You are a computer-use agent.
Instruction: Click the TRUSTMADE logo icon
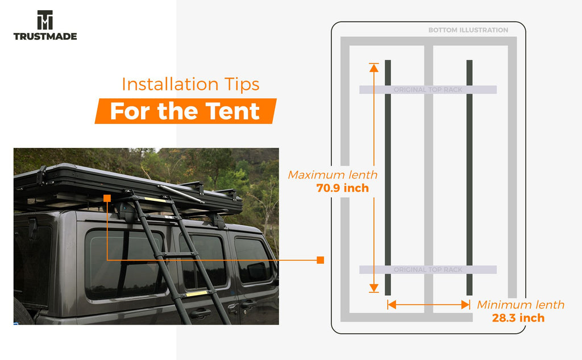(x=45, y=20)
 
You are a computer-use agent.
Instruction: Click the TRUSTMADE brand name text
(x=45, y=36)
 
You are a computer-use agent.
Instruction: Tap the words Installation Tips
(x=190, y=84)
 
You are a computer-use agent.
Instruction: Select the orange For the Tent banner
(x=186, y=111)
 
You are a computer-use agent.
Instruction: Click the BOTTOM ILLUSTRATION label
(x=468, y=30)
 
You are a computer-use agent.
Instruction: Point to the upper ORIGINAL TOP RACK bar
(x=428, y=89)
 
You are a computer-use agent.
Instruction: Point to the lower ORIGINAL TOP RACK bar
(x=428, y=270)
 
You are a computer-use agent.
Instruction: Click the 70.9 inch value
(x=343, y=188)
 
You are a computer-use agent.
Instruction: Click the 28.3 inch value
(x=518, y=318)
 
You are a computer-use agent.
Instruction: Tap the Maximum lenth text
(x=332, y=175)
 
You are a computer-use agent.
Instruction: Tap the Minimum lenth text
(x=521, y=305)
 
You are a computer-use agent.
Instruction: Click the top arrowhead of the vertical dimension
(x=374, y=68)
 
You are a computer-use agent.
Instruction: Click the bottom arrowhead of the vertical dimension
(x=374, y=288)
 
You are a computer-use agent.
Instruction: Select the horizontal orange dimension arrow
(x=429, y=305)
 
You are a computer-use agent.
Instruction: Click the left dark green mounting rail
(x=388, y=177)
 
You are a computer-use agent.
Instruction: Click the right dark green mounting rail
(x=469, y=177)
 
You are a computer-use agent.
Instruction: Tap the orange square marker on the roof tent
(x=107, y=198)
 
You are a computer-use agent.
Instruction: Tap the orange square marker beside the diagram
(x=321, y=260)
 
